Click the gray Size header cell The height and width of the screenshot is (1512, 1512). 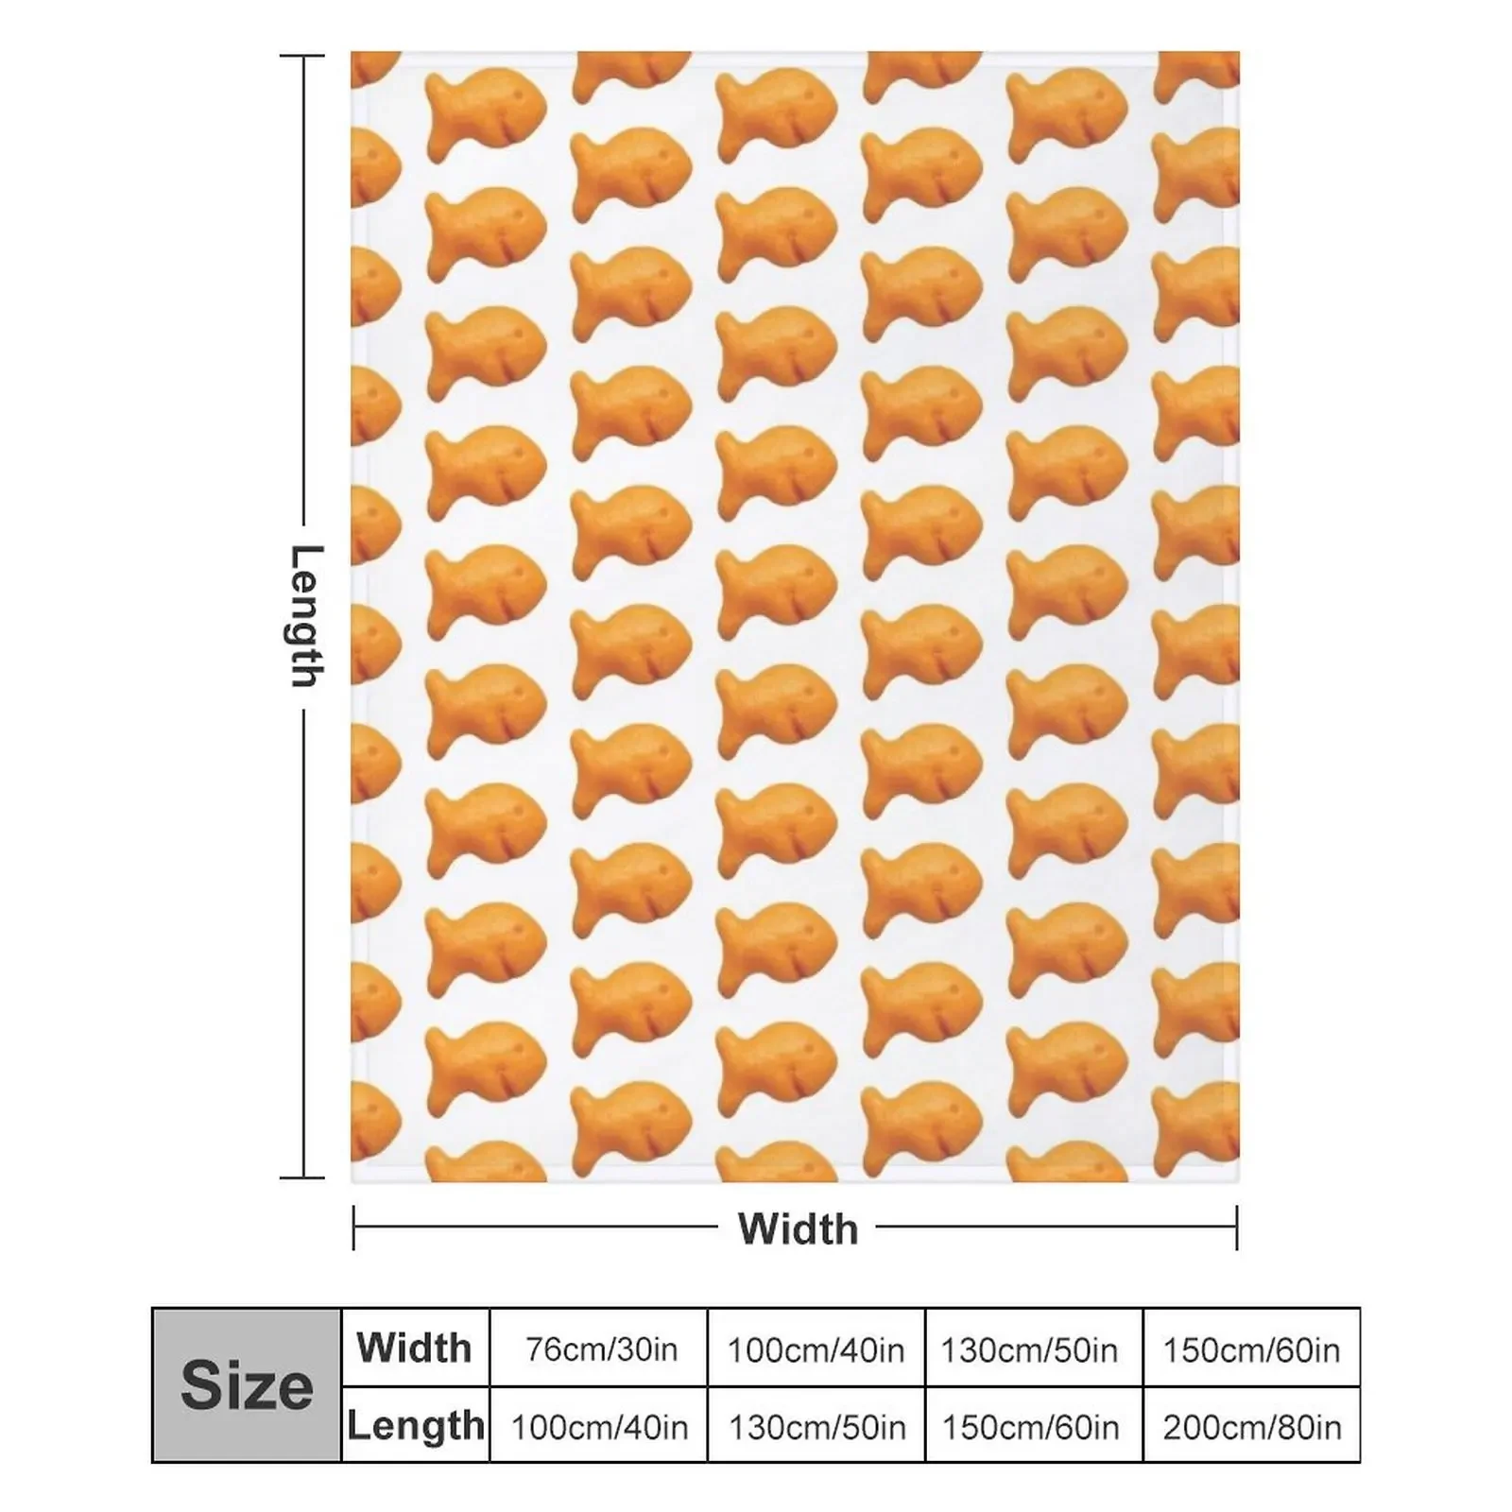click(x=246, y=1385)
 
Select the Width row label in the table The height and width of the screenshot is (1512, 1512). click(x=415, y=1348)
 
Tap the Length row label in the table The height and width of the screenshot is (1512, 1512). click(x=415, y=1425)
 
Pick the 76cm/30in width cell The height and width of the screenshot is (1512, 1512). click(x=601, y=1349)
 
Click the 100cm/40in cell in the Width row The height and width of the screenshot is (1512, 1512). click(x=816, y=1349)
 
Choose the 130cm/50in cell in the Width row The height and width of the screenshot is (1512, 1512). click(x=1029, y=1349)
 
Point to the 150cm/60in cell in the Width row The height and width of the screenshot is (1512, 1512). click(x=1251, y=1349)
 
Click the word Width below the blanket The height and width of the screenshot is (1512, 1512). click(x=798, y=1228)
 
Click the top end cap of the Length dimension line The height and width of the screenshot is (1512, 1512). click(x=302, y=57)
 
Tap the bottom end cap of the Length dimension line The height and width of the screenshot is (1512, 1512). click(x=302, y=1177)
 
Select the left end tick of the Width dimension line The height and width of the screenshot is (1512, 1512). click(x=353, y=1228)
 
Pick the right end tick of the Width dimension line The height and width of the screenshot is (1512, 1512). click(x=1236, y=1228)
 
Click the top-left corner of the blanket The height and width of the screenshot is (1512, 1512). click(x=352, y=54)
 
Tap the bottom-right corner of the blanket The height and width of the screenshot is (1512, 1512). click(x=1237, y=1180)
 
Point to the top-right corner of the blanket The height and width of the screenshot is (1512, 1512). click(x=1237, y=54)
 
